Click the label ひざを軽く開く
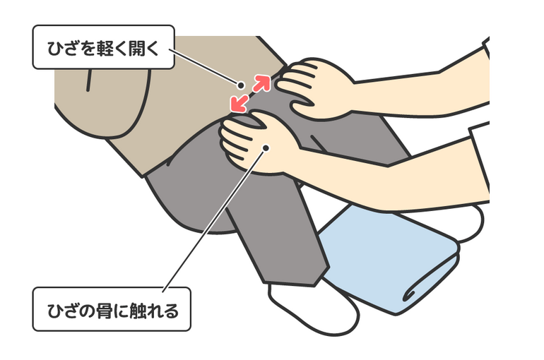point(103,47)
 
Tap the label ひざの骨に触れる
point(112,309)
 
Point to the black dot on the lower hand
point(266,148)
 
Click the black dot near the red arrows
point(240,85)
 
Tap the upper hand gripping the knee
point(314,88)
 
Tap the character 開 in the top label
point(138,48)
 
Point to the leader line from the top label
point(205,67)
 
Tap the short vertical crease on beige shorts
point(89,80)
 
